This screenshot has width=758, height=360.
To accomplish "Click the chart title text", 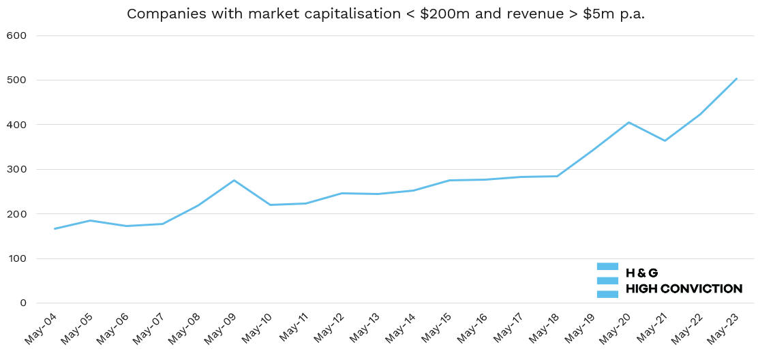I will click(385, 14).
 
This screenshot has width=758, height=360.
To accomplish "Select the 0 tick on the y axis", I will click(22, 303).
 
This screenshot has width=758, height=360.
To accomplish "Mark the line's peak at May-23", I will click(736, 78).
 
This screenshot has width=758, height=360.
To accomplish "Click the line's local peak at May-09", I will click(234, 180).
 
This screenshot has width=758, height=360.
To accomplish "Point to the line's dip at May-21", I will click(665, 140).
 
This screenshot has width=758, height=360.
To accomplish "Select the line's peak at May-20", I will click(628, 122).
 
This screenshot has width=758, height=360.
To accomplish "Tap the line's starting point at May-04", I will click(55, 228).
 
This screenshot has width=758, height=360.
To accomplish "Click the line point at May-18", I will click(557, 176).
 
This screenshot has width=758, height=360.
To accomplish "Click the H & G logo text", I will click(641, 273).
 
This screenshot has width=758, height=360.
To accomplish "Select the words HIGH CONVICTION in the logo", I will click(684, 288).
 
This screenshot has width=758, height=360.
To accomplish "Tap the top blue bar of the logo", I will click(607, 266).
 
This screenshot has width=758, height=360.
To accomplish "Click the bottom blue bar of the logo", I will click(607, 295).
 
